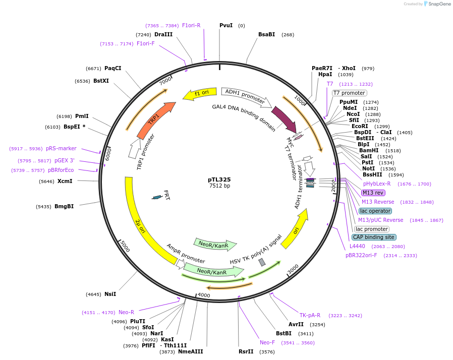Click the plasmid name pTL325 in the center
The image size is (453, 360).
(219, 179)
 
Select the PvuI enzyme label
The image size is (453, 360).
(226, 25)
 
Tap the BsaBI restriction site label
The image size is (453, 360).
(266, 34)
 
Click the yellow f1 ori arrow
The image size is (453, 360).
(199, 93)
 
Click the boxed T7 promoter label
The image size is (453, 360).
(349, 93)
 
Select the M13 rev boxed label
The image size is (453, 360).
(373, 193)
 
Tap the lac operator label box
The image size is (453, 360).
(375, 211)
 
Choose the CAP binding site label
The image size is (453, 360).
(374, 237)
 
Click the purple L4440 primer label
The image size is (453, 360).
(358, 246)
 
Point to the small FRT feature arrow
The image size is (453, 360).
(157, 197)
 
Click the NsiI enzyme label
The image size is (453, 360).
(110, 294)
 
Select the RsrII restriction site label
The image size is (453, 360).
(246, 351)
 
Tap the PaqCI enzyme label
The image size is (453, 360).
(112, 68)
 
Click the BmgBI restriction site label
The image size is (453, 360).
(64, 206)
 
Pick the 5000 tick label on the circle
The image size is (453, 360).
(125, 247)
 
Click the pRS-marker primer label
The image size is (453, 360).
(61, 148)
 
